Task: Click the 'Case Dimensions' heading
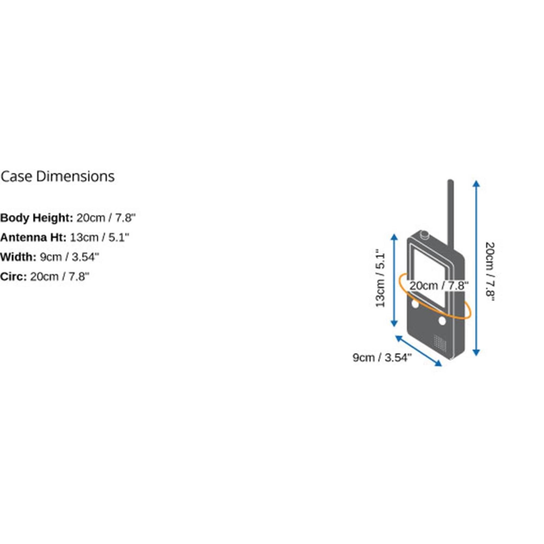[x=58, y=177]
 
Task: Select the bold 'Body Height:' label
[x=37, y=218]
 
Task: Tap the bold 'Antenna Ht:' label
[x=33, y=237]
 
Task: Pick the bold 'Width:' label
[x=18, y=257]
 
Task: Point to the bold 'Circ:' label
[x=14, y=277]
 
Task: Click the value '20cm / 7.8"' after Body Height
[x=106, y=218]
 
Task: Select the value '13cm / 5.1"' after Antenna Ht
[x=99, y=237]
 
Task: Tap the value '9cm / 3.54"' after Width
[x=70, y=257]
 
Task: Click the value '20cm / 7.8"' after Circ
[x=60, y=277]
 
